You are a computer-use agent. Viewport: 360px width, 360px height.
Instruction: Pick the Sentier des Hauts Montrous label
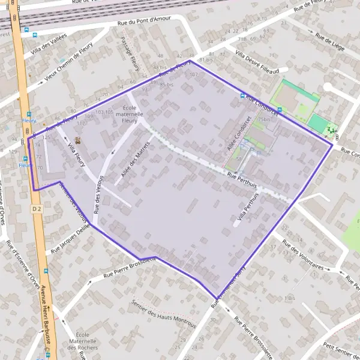click(164, 314)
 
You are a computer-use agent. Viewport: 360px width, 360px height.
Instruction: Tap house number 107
click(193, 75)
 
